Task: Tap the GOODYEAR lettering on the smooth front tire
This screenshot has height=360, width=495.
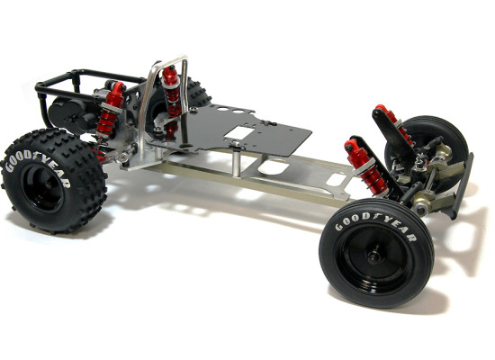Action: point(375,225)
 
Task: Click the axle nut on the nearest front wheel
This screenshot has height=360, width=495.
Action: point(373,256)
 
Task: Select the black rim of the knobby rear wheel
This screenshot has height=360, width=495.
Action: point(42,186)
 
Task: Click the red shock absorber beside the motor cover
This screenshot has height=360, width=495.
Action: point(110,109)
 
